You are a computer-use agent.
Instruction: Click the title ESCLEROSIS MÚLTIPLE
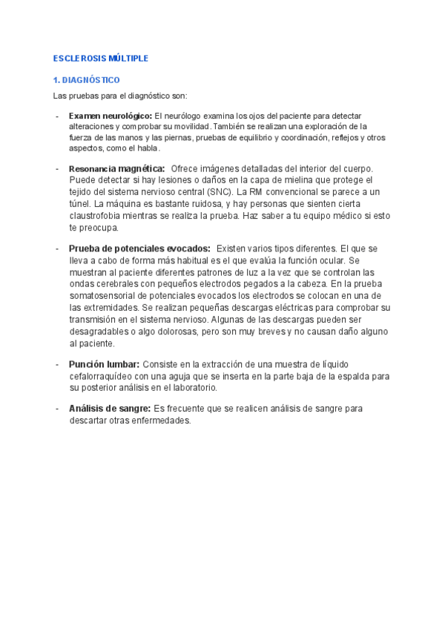click(101, 58)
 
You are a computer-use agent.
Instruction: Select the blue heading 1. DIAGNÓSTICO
click(87, 80)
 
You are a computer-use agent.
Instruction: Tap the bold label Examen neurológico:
click(110, 116)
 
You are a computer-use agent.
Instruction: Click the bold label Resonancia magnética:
click(116, 169)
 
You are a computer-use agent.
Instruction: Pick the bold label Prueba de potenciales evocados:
click(139, 248)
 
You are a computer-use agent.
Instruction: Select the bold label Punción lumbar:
click(104, 365)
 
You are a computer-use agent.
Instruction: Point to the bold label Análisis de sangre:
click(110, 409)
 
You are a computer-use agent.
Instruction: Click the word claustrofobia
click(97, 216)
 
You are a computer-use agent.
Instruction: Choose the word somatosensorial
click(105, 295)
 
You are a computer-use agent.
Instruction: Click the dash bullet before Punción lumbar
click(58, 365)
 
